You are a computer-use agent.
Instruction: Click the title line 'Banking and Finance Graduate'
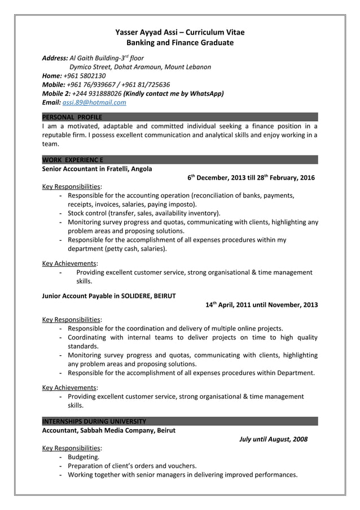(179, 42)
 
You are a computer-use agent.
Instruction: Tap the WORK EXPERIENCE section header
(72, 160)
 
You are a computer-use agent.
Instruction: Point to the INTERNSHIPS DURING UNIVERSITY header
(94, 421)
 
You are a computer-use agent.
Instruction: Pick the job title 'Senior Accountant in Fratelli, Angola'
(97, 168)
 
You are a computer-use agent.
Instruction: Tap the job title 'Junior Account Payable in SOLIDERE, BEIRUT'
(109, 295)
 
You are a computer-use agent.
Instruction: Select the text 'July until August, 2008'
(273, 439)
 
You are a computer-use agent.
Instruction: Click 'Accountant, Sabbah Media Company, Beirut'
(109, 430)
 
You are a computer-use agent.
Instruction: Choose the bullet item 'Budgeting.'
(84, 457)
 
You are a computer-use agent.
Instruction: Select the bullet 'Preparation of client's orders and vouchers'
(132, 466)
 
